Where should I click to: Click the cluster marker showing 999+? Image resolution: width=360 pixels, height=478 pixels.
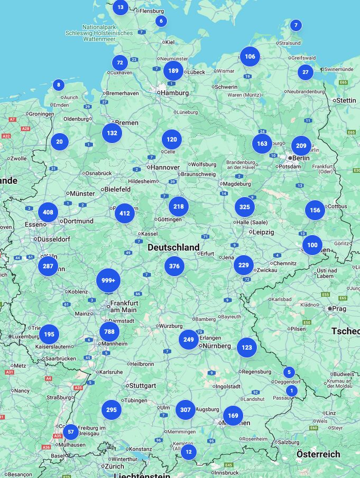pos(108,280)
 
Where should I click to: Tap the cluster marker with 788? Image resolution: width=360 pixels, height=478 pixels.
pos(109,332)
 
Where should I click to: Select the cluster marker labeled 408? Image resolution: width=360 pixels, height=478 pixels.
pos(48,212)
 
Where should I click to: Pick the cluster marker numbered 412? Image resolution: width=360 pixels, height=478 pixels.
pos(125,213)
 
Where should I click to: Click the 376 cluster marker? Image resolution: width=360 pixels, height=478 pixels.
pos(174,266)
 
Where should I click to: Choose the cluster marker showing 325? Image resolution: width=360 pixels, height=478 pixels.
pos(245,207)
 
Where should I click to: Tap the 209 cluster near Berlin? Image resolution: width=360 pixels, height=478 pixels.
pos(301,146)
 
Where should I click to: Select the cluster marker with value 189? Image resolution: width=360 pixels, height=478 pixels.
pos(173,71)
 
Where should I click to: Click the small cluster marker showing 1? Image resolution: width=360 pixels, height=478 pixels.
pos(291,391)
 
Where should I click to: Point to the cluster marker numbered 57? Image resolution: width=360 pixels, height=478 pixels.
pos(71,432)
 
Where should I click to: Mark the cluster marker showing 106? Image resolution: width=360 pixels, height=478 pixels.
pos(250,57)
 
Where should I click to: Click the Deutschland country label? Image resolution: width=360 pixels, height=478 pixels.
pos(173,247)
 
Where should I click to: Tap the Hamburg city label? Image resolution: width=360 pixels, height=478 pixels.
pos(174,93)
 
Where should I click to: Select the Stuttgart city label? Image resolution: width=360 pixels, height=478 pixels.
pos(143,386)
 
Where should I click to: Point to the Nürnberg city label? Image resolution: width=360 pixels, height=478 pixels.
pos(216,346)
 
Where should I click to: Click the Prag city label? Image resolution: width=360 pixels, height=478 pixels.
pos(339,308)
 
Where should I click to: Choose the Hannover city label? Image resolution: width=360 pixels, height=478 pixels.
pos(165,167)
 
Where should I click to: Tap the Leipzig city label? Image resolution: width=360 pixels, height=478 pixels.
pos(263,232)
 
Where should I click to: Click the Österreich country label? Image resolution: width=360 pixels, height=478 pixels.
pos(318,454)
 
